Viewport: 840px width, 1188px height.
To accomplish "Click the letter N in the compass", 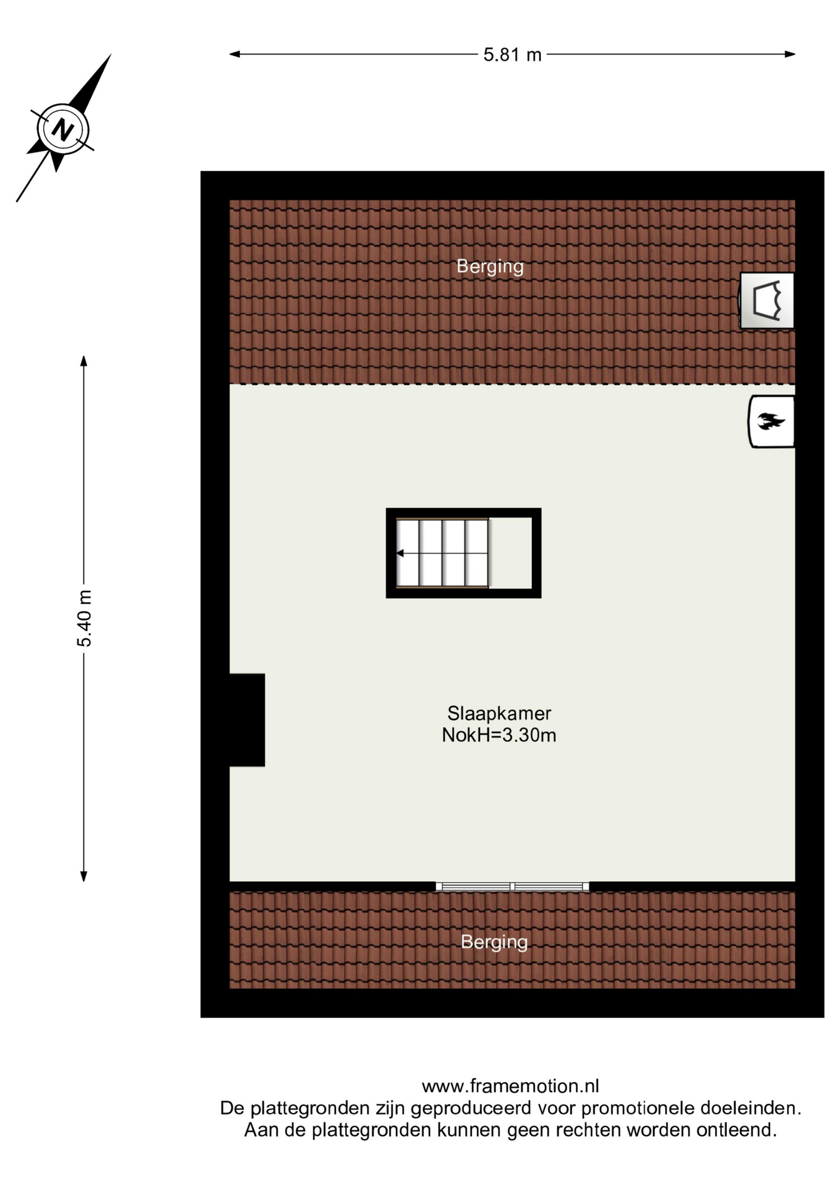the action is click(62, 130).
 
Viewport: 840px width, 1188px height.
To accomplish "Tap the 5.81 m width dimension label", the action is click(512, 55).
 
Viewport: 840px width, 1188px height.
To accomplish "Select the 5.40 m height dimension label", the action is click(84, 618).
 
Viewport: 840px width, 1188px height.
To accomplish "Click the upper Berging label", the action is click(490, 266).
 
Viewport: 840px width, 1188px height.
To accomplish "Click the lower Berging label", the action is click(494, 942).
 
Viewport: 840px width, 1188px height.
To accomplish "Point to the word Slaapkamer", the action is click(499, 713).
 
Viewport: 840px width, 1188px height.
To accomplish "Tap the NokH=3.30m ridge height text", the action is click(499, 735).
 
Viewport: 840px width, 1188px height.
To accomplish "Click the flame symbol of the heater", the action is click(771, 421).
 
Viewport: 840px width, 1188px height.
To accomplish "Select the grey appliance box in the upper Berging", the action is click(767, 301).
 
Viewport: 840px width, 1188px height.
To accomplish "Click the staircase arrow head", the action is click(400, 553).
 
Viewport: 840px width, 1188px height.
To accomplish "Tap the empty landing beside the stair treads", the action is click(510, 553).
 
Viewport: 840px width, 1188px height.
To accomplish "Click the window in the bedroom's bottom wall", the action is click(512, 887).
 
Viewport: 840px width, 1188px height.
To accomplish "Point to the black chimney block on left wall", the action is click(247, 720).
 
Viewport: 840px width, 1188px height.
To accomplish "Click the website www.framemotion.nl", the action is click(510, 1086).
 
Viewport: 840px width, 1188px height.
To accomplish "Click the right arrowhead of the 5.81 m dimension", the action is click(791, 54).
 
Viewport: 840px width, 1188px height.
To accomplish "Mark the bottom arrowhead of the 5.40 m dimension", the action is click(84, 876).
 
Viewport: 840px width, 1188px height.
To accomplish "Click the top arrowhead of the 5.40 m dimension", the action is click(84, 361).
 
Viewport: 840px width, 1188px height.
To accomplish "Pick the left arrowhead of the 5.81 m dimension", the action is click(234, 54).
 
